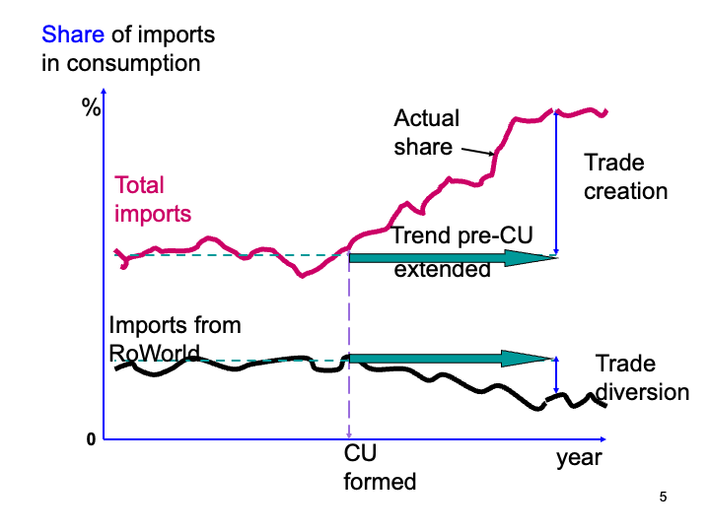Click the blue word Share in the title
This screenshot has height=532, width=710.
(x=72, y=36)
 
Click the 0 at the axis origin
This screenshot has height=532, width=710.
(x=91, y=439)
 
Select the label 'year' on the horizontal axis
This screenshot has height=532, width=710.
(x=578, y=458)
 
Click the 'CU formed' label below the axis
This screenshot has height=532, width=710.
(x=380, y=468)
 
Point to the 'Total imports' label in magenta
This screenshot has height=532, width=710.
(x=153, y=199)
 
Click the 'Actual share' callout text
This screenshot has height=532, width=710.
(x=426, y=132)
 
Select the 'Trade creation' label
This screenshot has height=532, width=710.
(x=625, y=176)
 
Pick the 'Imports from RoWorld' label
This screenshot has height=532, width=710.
(x=175, y=338)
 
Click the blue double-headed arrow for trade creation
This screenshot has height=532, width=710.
(x=557, y=184)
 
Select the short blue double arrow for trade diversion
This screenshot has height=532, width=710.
(x=558, y=374)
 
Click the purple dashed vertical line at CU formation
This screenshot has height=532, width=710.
(x=350, y=394)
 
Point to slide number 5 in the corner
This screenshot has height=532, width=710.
(x=663, y=498)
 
